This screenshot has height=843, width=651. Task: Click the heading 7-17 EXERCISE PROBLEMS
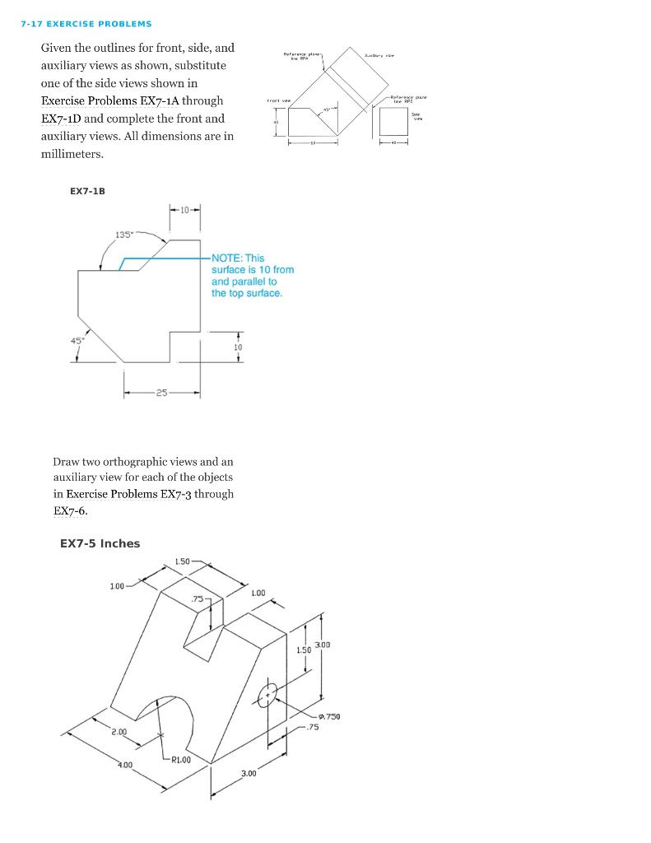pyautogui.click(x=86, y=24)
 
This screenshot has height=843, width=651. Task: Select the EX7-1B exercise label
pyautogui.click(x=87, y=191)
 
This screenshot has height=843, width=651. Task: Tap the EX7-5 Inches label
pyautogui.click(x=100, y=543)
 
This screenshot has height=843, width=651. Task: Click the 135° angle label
pyautogui.click(x=125, y=235)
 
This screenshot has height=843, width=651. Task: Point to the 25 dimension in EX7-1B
pyautogui.click(x=162, y=393)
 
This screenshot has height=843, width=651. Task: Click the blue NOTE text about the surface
pyautogui.click(x=252, y=276)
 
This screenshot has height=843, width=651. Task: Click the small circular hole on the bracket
pyautogui.click(x=267, y=695)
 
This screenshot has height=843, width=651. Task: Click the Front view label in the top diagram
pyautogui.click(x=278, y=100)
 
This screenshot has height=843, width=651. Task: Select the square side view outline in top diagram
pyautogui.click(x=393, y=122)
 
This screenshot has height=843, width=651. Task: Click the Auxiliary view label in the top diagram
pyautogui.click(x=379, y=55)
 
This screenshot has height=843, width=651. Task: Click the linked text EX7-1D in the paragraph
pyautogui.click(x=63, y=119)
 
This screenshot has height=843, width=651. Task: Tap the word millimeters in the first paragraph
pyautogui.click(x=72, y=154)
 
